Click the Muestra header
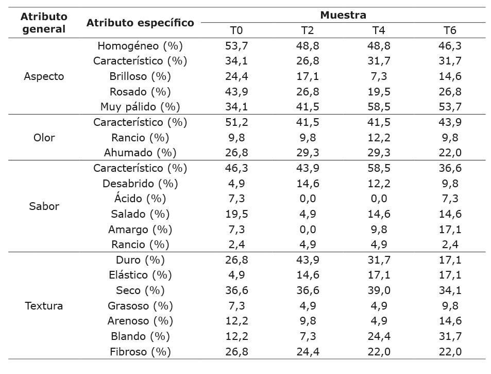(x=343, y=15)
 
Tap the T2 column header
(x=308, y=30)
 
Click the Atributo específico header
(x=140, y=23)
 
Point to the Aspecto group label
(x=44, y=76)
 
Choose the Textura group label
(x=44, y=306)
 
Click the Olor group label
(x=44, y=138)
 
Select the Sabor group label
(x=44, y=206)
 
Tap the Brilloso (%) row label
(x=140, y=76)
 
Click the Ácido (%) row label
(x=140, y=199)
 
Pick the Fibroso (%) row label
(x=140, y=352)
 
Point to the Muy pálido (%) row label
(x=140, y=107)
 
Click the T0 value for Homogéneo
(x=235, y=46)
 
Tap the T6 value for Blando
(x=450, y=336)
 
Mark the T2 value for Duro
(x=308, y=260)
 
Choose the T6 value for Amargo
(x=450, y=229)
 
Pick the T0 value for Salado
(x=235, y=214)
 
